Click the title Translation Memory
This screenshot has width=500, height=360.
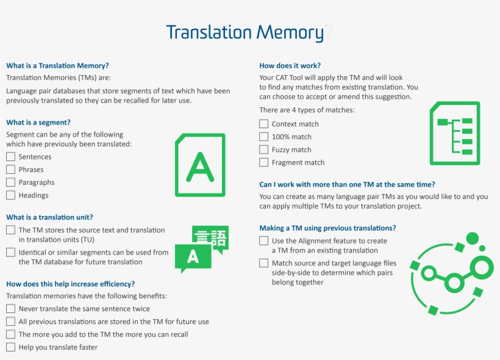[x=245, y=32]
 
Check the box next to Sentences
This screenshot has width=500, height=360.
[x=10, y=157]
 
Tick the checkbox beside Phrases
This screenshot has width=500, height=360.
[x=10, y=170]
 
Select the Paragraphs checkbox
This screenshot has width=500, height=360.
[x=10, y=182]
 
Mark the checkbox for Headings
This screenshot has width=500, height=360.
[x=10, y=195]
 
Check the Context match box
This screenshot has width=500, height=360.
[x=263, y=124]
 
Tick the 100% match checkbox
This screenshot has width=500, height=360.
[x=263, y=137]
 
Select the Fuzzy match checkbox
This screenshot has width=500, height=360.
[x=263, y=149]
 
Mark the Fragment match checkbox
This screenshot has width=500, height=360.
[x=263, y=162]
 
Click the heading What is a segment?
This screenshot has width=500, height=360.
[x=38, y=123]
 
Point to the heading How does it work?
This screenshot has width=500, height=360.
[x=290, y=65]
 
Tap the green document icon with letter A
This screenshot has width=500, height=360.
[x=200, y=165]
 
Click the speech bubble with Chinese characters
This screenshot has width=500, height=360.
[x=210, y=238]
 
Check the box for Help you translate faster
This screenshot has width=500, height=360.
[x=10, y=347]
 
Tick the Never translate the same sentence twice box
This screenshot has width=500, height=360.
[x=10, y=309]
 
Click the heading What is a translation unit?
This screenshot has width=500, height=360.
[x=49, y=217]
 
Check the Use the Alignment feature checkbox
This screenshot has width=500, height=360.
[x=263, y=241]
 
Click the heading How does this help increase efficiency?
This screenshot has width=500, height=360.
[x=70, y=284]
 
